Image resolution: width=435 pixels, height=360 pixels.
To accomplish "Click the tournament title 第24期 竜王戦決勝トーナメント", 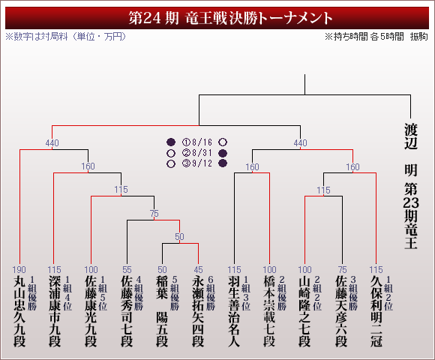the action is pos(230,18).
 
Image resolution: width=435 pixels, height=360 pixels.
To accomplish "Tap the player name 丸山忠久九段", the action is pos(19,311).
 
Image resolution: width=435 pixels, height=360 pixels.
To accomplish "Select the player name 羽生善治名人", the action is pos(234,311).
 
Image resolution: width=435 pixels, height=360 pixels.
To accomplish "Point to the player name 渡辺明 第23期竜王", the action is pos(410,187).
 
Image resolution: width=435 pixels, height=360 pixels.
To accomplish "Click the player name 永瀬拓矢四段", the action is pos(198,311).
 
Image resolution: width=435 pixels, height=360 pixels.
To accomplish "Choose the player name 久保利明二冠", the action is pos(376,311).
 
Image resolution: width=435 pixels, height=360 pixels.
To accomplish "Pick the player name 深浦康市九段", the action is pos(55,311).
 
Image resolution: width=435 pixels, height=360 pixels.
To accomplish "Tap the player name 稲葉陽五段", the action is pos(162,311).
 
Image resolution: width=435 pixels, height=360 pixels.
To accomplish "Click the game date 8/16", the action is pos(202,142).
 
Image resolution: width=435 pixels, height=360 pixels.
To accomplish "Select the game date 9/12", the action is pos(202,163).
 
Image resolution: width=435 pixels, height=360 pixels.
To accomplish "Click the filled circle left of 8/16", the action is pos(171,142).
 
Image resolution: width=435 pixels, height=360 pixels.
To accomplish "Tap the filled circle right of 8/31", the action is pos(223,153).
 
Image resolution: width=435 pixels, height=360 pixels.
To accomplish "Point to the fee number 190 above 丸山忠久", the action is pos(19,269).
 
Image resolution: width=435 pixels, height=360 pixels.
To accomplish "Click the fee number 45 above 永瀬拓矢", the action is pos(198,269).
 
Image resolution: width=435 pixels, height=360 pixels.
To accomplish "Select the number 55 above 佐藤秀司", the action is pos(127,269).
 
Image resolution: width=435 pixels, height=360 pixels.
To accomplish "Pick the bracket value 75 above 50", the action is pos(154,213).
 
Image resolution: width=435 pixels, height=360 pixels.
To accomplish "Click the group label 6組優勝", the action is pos(211,293).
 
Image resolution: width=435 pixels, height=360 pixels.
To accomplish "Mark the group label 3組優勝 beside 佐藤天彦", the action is pos(353,293).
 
